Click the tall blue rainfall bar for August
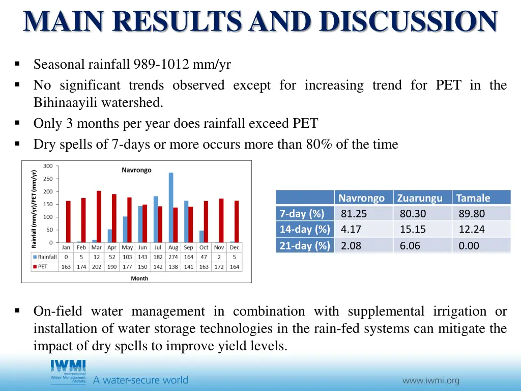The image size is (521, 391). pos(171,208)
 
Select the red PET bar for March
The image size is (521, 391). pos(99,217)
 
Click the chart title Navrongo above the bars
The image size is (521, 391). pos(136,170)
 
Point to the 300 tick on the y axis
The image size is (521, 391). pos(47,166)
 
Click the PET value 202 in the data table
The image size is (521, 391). pos(97,267)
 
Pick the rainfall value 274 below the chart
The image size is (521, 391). pos(173,257)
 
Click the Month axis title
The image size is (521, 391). pos(139,278)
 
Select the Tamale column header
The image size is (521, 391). pos(473,198)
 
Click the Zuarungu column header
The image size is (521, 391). pos(420,198)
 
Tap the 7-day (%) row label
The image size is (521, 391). pos(302,214)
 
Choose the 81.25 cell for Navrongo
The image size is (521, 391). pos(354,214)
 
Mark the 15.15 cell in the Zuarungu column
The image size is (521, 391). pos(413,230)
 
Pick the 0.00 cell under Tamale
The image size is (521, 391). pos(469,246)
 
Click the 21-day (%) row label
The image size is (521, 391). pos(304,246)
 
